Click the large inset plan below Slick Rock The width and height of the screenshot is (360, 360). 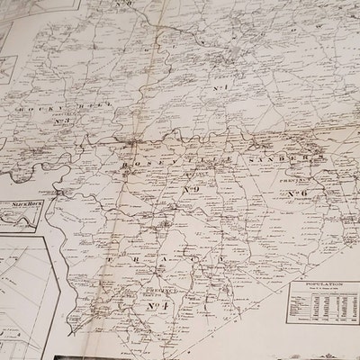point(27,288)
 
